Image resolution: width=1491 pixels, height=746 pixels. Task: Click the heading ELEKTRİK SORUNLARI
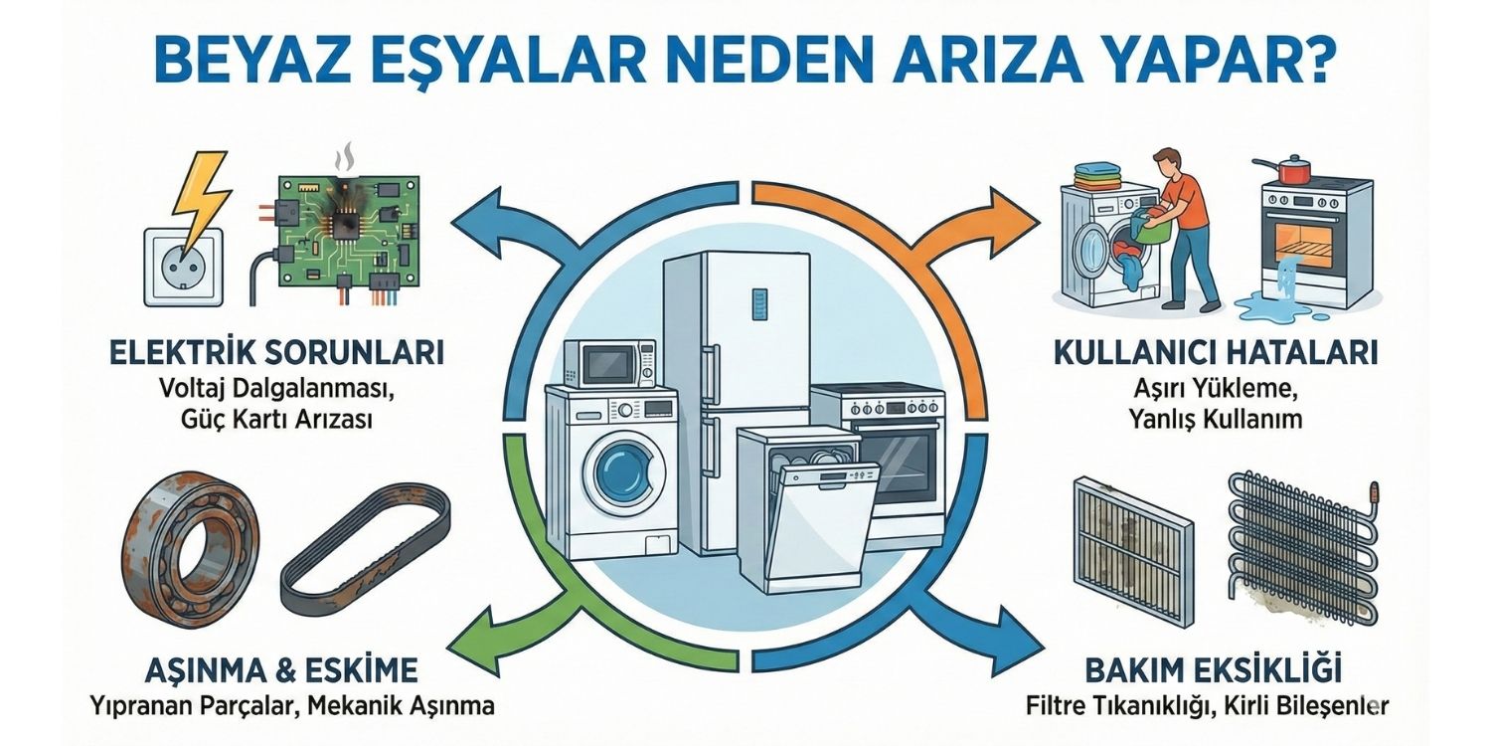pyautogui.click(x=277, y=354)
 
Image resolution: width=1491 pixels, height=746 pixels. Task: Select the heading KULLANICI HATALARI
pyautogui.click(x=1215, y=354)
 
